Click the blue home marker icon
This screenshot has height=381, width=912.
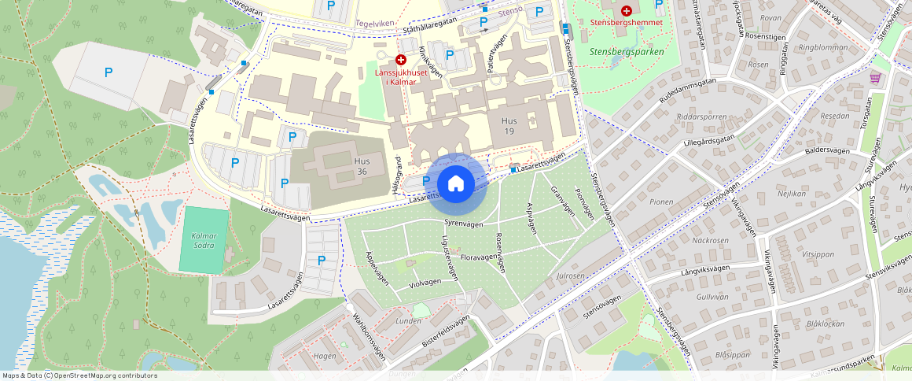coord(455,184)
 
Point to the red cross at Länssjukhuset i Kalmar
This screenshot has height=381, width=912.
coord(401,60)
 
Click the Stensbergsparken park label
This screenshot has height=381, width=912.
coord(627,51)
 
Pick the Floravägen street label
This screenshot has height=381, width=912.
coord(478,257)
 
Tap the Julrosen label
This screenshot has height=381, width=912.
coord(570,276)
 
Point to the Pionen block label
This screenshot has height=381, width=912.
coord(661,202)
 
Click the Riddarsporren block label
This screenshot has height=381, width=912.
coord(701,117)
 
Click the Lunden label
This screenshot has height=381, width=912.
coord(409,321)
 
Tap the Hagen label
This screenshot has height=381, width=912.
coord(325,356)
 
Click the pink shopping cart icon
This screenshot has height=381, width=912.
coord(875,78)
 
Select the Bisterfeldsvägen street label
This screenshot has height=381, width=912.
coord(446,331)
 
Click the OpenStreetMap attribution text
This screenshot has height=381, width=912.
coord(79,375)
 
